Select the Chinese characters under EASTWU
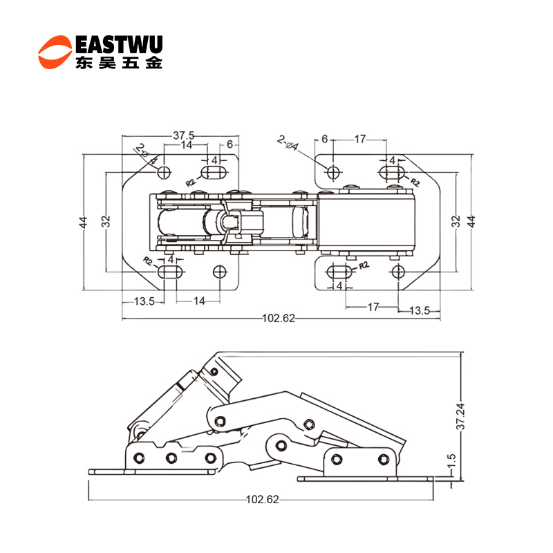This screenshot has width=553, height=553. pos(118,64)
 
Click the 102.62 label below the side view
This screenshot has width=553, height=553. pos(262,500)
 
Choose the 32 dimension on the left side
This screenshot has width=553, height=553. pos(106,221)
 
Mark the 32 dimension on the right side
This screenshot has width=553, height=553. pos(456,221)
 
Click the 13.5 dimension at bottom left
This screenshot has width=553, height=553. pos(144,301)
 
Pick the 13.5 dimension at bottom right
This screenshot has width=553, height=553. pos(420,311)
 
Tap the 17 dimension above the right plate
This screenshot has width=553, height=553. pos(360,140)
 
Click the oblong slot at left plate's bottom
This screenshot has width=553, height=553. pos(171,272)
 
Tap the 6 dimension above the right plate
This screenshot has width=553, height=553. pos(325,140)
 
